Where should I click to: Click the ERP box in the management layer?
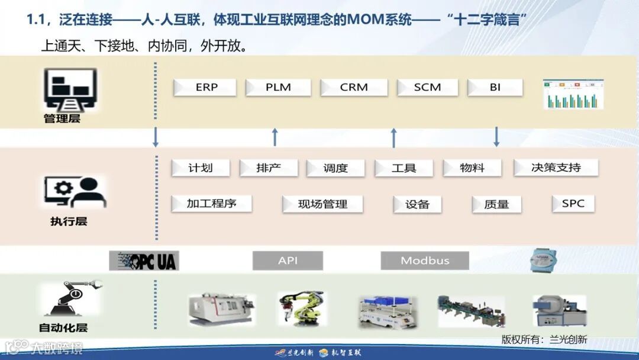[x=205, y=88]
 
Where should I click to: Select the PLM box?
[x=278, y=88]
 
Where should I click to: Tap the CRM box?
[x=354, y=88]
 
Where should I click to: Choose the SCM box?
[x=427, y=88]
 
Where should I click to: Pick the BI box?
[x=495, y=88]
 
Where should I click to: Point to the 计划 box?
[x=200, y=168]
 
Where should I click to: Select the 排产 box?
[x=269, y=168]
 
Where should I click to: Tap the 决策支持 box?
[x=556, y=168]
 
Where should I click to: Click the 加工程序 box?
[x=211, y=204]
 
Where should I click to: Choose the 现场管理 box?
[x=322, y=204]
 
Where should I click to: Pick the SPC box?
[x=573, y=204]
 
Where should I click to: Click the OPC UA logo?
[x=144, y=261]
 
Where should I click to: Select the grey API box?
[x=288, y=261]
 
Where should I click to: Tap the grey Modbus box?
[x=425, y=261]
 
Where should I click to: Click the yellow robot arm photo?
[x=301, y=308]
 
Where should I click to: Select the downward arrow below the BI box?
[x=496, y=137]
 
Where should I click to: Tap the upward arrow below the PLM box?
[x=275, y=137]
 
